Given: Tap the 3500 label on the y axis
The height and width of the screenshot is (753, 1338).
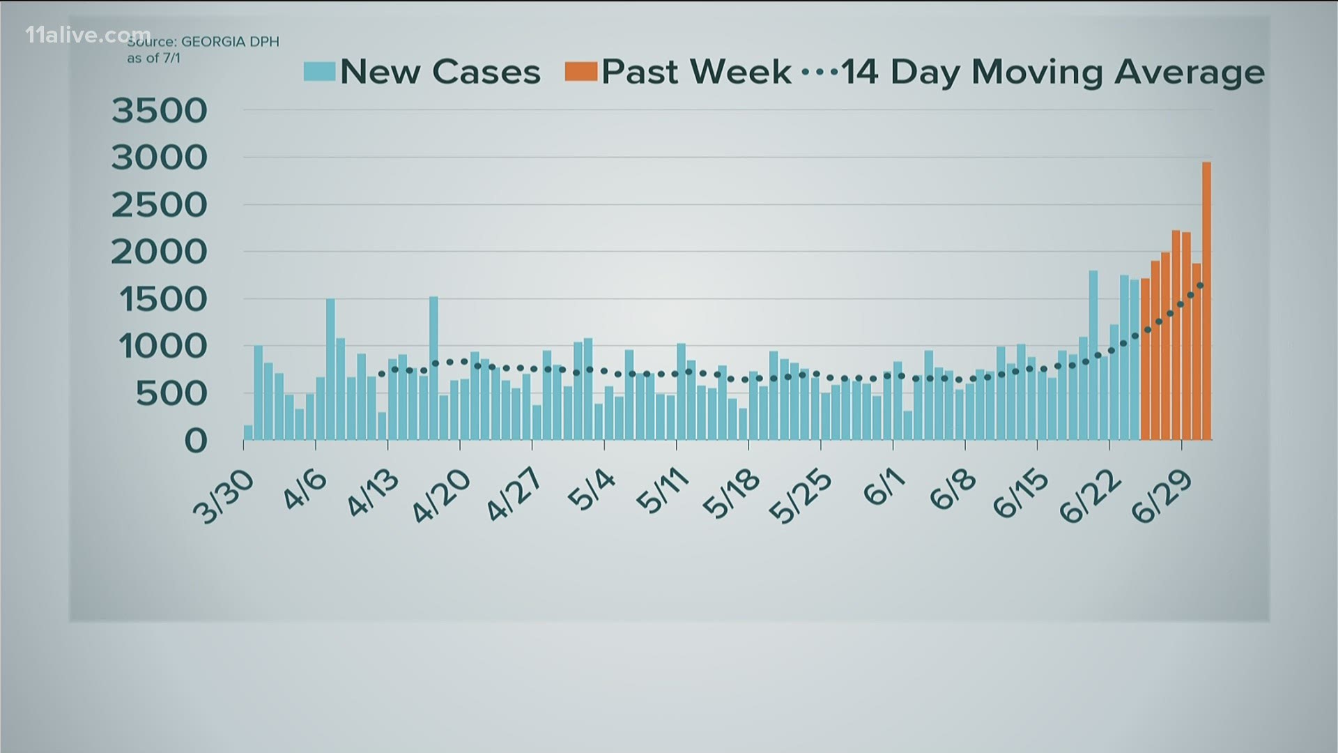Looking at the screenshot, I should pyautogui.click(x=160, y=111).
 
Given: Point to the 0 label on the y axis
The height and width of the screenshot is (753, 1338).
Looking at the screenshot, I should pyautogui.click(x=195, y=441).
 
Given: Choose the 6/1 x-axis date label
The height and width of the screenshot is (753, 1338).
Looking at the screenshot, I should pyautogui.click(x=880, y=492).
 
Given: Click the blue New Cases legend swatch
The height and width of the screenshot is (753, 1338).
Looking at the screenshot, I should pyautogui.click(x=319, y=72).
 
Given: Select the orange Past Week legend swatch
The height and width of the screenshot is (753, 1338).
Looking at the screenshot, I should pyautogui.click(x=581, y=72).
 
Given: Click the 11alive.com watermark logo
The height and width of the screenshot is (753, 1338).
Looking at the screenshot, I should pyautogui.click(x=88, y=35).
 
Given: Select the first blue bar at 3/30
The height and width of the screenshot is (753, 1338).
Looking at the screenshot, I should pyautogui.click(x=248, y=432).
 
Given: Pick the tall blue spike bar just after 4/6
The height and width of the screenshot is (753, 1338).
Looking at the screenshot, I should pyautogui.click(x=330, y=370).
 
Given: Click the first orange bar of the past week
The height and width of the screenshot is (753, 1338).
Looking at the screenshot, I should pyautogui.click(x=1145, y=359).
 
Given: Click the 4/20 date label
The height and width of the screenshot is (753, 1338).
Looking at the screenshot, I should pyautogui.click(x=441, y=497).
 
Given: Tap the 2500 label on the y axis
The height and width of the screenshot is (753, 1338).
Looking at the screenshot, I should pyautogui.click(x=160, y=206).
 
